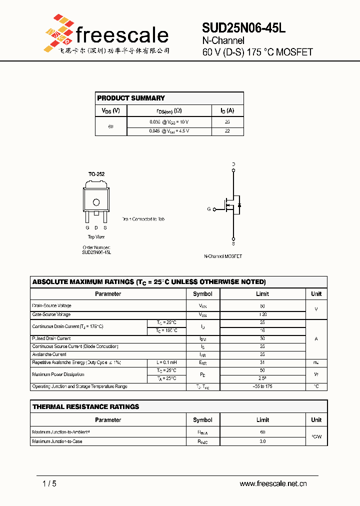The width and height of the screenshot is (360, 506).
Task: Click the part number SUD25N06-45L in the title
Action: [x=243, y=28]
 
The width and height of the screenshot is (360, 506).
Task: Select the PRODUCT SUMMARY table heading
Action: [x=131, y=98]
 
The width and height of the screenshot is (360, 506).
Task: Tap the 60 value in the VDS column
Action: [x=110, y=126]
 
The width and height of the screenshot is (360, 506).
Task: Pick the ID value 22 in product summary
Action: [x=227, y=131]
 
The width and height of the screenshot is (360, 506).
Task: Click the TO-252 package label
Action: [x=96, y=174]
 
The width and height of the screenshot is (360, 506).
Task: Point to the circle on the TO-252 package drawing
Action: [x=96, y=202]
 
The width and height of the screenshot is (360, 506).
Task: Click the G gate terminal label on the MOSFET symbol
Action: [x=209, y=209]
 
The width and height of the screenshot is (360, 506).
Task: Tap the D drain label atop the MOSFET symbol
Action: [x=233, y=164]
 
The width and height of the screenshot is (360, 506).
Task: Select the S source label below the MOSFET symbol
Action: [x=233, y=244]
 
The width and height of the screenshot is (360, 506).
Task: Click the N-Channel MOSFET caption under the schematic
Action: [x=223, y=256]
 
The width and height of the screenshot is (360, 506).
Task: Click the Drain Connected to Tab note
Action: [x=143, y=219]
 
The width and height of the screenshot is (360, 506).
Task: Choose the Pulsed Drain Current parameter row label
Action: [x=51, y=338]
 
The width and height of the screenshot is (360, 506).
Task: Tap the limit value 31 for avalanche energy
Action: [x=262, y=362]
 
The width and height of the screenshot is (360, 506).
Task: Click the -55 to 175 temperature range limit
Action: [x=262, y=386]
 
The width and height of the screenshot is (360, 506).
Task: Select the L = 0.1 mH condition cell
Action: [x=166, y=362]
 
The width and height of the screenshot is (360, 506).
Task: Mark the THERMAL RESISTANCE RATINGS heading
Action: [x=86, y=407]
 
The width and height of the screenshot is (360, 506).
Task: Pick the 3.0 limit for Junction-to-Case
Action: [x=262, y=441]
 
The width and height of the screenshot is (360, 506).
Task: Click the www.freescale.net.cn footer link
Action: [x=273, y=483]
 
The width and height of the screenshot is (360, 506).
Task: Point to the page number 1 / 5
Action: [x=49, y=483]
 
